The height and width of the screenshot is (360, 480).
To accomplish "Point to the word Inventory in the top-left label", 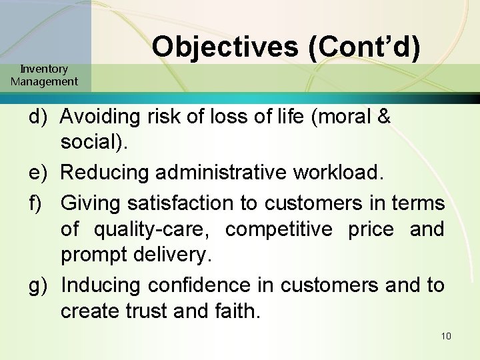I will point(44,69).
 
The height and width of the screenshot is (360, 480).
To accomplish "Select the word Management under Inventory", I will point(44,81).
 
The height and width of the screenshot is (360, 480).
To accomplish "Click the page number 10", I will point(446,335).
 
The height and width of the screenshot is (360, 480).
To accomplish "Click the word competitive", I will point(279,229).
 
